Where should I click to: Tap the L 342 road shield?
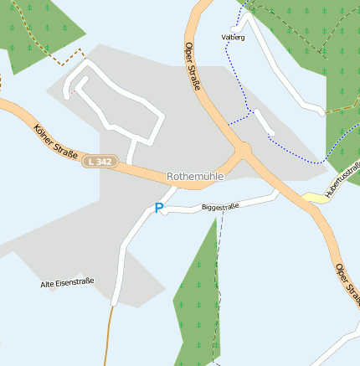[99, 162]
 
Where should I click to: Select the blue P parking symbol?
[158, 208]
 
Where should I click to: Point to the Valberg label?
[234, 38]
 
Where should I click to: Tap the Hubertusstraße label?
[342, 181]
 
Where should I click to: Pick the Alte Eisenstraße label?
[67, 283]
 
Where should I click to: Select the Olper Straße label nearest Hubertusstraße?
[347, 283]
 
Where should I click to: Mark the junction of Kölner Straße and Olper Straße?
[243, 150]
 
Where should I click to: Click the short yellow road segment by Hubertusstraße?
[314, 198]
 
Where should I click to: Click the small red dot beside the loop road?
[73, 91]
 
